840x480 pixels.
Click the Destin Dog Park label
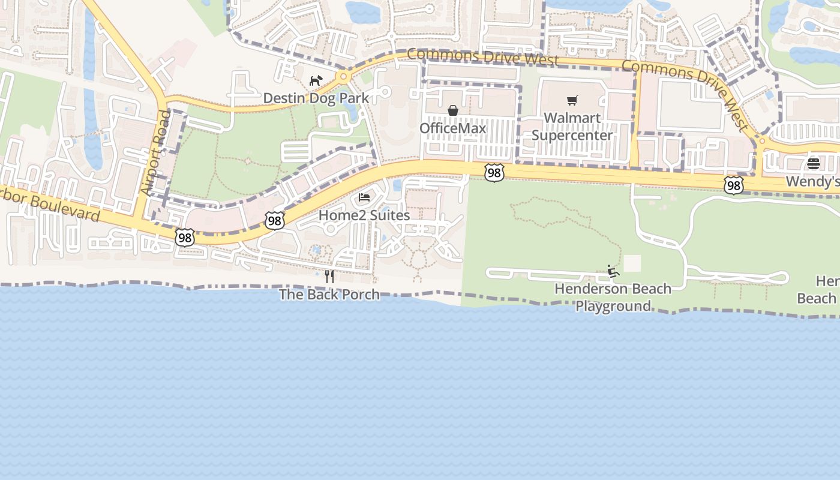coord(316,98)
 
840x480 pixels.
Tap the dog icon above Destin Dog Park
coord(316,80)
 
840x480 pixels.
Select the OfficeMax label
coord(452,128)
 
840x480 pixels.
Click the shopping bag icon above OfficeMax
coord(453,110)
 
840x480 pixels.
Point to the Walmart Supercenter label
coord(572,127)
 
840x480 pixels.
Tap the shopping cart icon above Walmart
coord(572,100)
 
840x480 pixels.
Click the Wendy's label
coord(812,181)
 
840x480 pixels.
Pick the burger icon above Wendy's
coord(814,164)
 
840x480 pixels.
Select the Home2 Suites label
coord(364,215)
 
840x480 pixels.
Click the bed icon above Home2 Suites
coord(364,197)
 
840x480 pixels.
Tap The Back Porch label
coord(329,294)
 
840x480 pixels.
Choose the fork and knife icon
coord(329,276)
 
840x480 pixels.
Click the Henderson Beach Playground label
coord(613,297)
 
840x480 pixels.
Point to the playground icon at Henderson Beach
coord(613,271)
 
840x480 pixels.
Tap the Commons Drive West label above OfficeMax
coord(482,58)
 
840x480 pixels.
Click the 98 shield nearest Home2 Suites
coord(274,221)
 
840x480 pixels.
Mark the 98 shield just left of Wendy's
coord(733,185)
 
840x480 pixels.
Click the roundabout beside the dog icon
coord(344,77)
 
